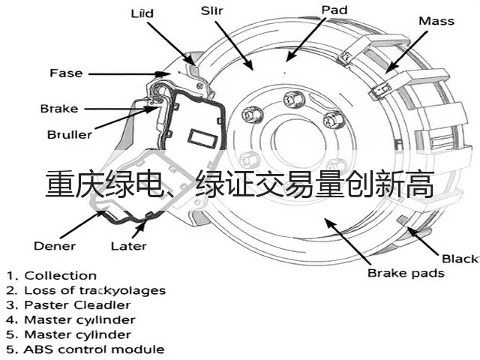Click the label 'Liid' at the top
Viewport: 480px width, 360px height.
142,13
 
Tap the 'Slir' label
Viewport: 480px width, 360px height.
211,10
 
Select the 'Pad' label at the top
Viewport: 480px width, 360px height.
334,10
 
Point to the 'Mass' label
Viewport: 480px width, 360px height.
436,21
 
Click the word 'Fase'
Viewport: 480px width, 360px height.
66,73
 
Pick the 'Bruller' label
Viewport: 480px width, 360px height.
70,134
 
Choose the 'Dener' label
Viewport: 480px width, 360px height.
55,246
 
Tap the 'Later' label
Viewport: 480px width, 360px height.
128,246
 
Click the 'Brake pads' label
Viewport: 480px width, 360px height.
406,273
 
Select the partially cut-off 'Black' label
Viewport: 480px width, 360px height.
460,259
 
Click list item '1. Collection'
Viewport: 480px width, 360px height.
52,275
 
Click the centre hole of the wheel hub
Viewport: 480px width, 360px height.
298,142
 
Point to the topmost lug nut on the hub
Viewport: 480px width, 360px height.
294,100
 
